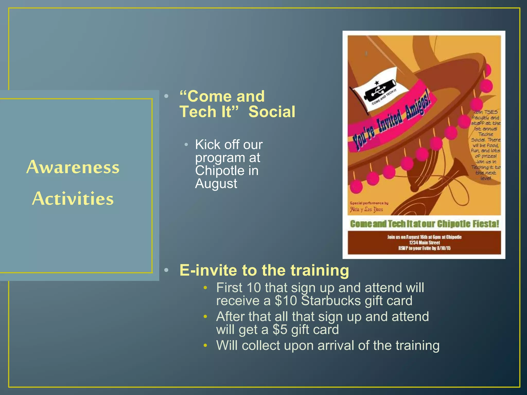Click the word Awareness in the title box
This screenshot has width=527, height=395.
coord(73,167)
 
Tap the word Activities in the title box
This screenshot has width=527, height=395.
coord(73,199)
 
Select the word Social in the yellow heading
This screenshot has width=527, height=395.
coord(272,112)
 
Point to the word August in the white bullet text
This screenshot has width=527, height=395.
coord(216,184)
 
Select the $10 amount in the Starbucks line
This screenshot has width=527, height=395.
coord(286,301)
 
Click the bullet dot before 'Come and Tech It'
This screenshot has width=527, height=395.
coord(166,96)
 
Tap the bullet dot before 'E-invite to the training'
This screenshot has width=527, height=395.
coord(166,270)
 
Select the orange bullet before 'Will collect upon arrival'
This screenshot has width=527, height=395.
coord(205,345)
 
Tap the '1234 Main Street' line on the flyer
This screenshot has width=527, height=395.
coord(425,243)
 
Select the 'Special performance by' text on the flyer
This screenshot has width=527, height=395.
coord(369,203)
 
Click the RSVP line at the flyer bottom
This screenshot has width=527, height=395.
coord(425,248)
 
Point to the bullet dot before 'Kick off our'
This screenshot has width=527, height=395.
coord(186,145)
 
